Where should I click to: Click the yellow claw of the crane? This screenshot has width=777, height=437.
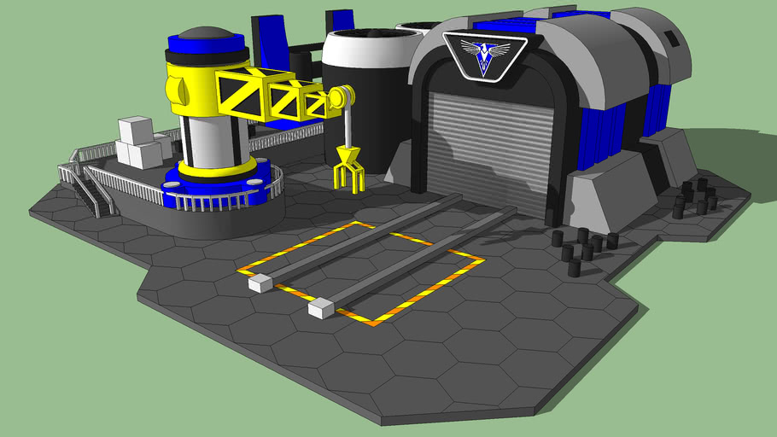click(x=348, y=167)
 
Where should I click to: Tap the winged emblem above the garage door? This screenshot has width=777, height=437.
click(x=485, y=55)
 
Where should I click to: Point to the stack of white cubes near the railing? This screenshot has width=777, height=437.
click(x=138, y=143)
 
